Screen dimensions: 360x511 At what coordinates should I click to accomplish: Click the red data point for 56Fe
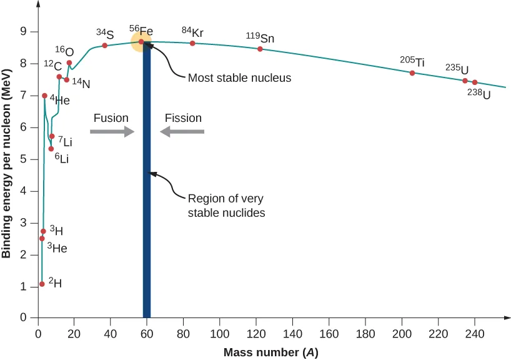click(x=141, y=42)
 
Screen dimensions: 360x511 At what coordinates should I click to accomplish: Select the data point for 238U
click(x=475, y=82)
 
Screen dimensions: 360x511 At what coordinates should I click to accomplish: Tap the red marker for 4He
click(x=44, y=96)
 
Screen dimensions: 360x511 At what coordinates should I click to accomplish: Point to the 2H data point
click(x=42, y=284)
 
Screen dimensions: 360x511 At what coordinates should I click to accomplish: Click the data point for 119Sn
click(x=260, y=49)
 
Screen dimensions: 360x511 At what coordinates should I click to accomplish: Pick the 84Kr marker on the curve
click(x=192, y=43)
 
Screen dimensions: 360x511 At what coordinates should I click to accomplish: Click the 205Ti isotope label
click(x=412, y=61)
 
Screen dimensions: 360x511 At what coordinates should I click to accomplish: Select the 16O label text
click(x=64, y=51)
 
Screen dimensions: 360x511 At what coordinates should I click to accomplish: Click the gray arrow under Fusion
click(x=112, y=131)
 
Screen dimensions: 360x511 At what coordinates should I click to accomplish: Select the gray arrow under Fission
click(x=182, y=131)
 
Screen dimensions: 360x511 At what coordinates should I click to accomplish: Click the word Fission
click(x=183, y=117)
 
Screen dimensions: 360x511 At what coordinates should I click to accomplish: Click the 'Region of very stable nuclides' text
click(x=227, y=206)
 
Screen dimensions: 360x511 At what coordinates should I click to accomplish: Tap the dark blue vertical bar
click(x=147, y=187)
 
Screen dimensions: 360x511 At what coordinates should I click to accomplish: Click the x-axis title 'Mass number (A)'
click(x=271, y=352)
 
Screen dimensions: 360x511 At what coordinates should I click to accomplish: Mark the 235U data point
click(x=465, y=81)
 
